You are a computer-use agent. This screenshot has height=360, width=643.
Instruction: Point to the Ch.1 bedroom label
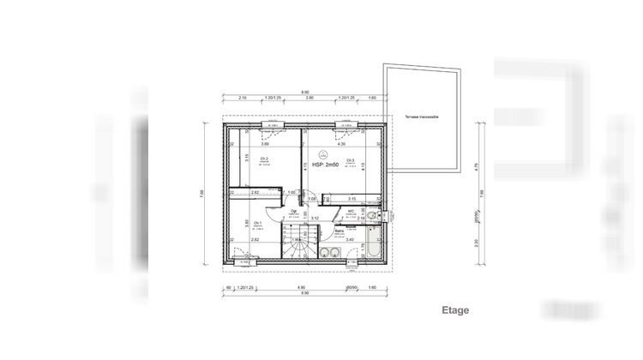(233, 223)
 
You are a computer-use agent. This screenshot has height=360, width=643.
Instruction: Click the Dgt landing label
(293, 211)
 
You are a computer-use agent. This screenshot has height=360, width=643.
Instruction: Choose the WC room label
(352, 210)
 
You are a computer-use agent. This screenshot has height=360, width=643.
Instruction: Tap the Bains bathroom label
(339, 231)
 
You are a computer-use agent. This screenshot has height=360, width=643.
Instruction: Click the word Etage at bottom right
(455, 309)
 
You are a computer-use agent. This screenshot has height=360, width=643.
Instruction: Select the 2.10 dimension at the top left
(243, 98)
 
